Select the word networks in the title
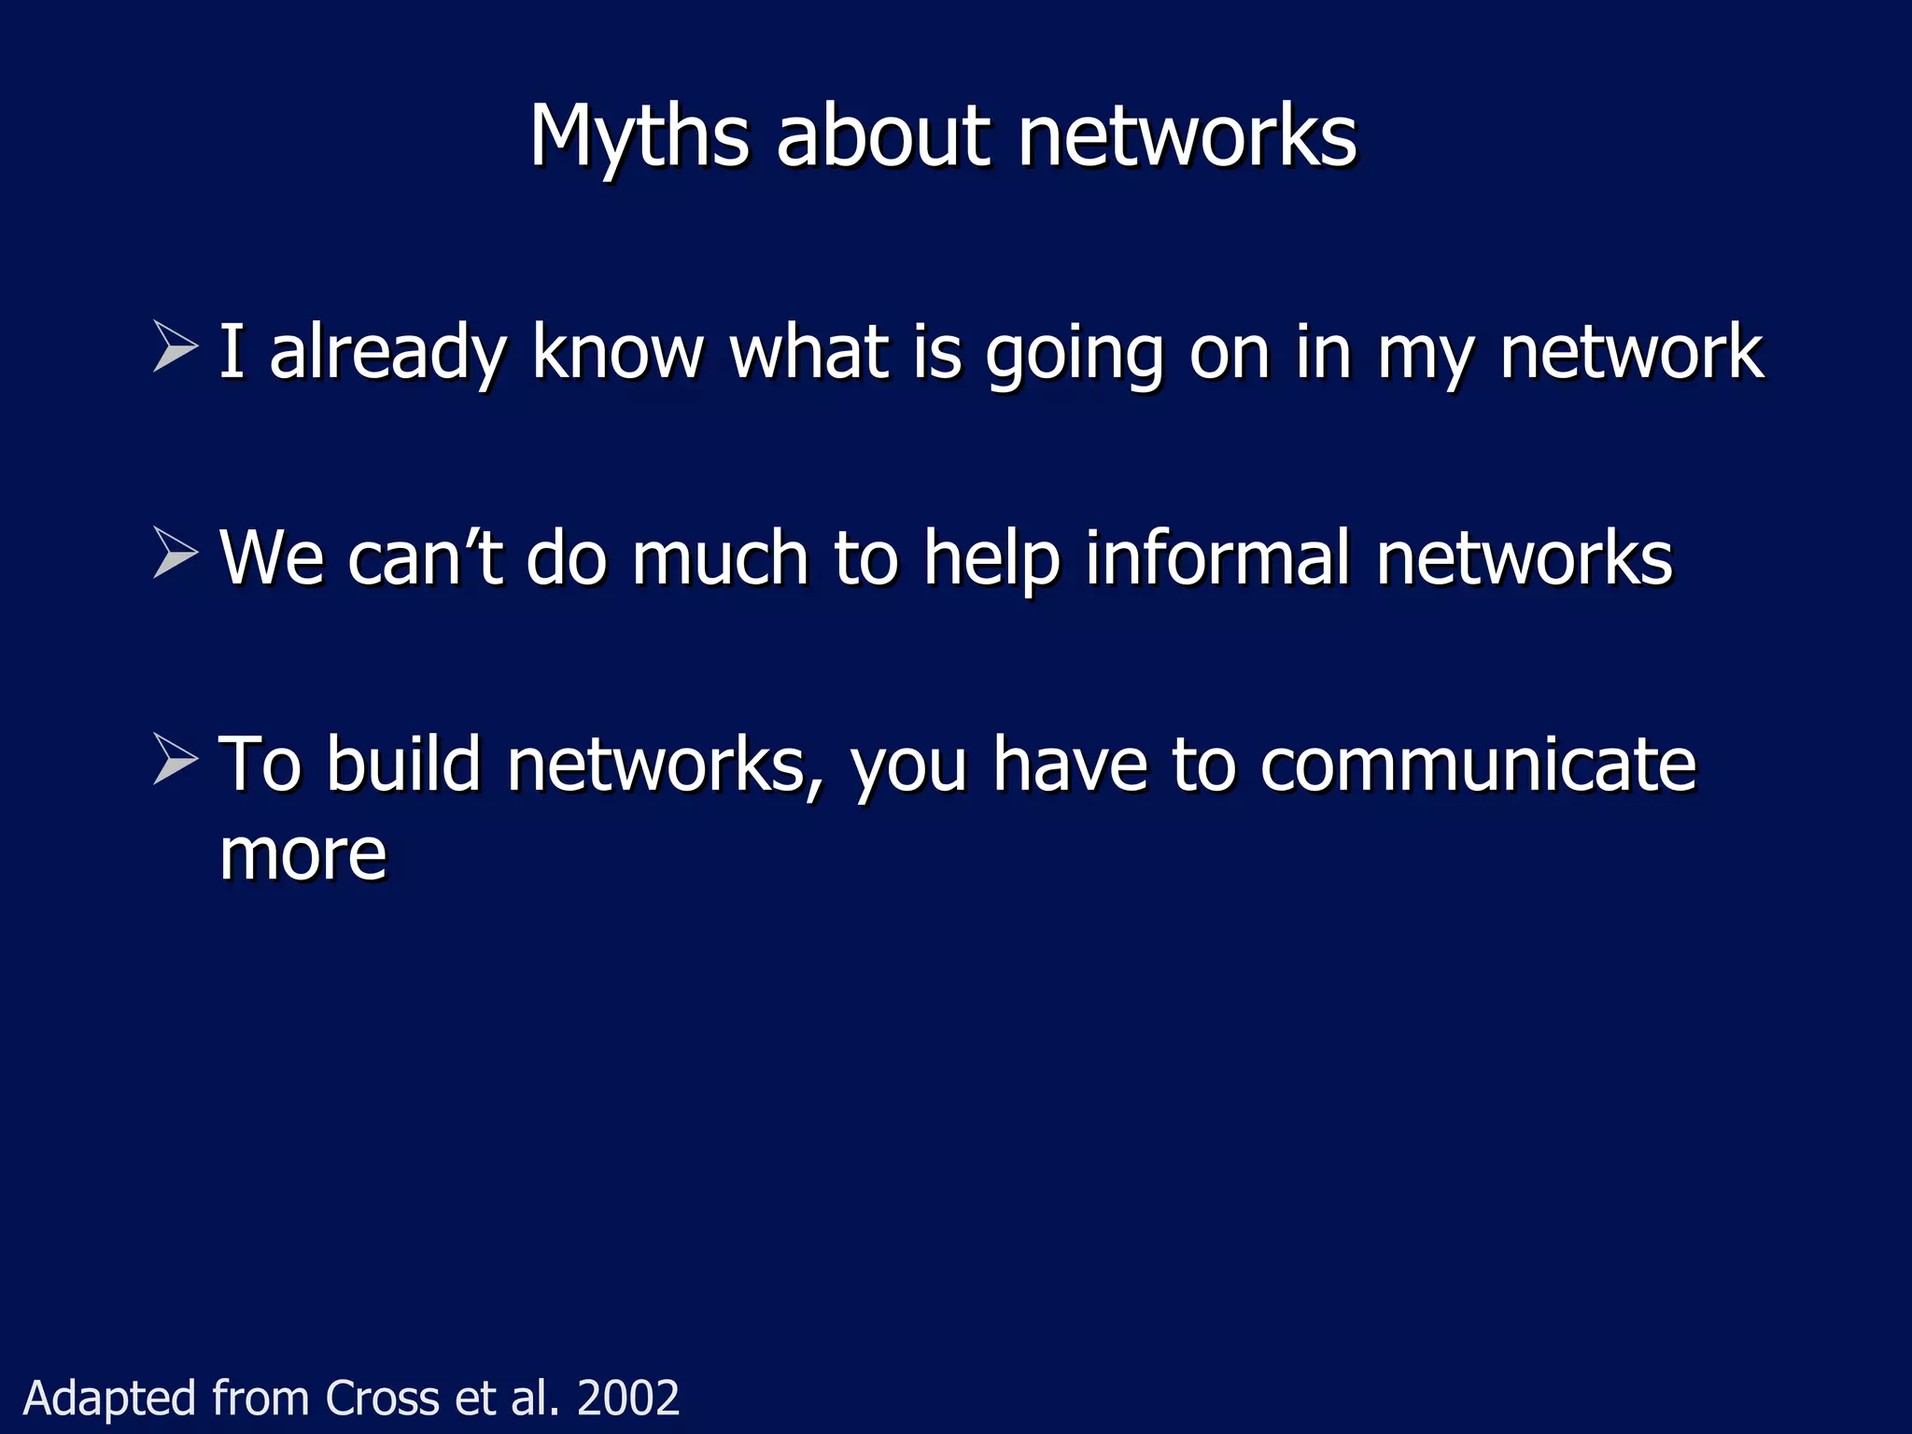point(1187,138)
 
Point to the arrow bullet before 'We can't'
point(176,553)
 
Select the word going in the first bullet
point(1074,355)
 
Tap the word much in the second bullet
point(720,557)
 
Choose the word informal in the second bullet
point(1217,557)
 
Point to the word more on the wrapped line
point(302,855)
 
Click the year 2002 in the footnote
point(628,1398)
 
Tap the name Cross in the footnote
point(382,1398)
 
